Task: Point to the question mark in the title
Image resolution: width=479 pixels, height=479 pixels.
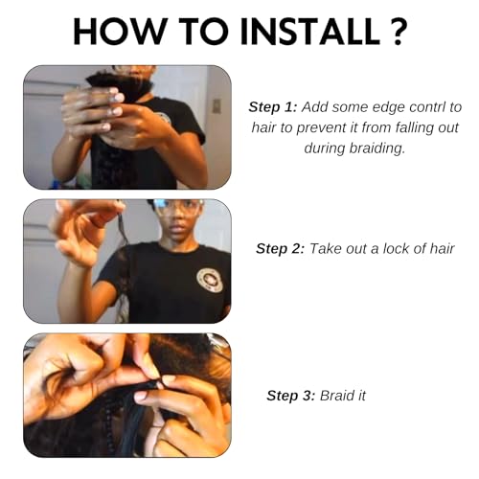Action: tap(398, 31)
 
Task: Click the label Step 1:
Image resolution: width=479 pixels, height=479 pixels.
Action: tap(273, 107)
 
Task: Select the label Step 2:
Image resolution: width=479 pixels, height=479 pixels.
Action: tap(281, 248)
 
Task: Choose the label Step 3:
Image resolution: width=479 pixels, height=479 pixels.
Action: tap(291, 396)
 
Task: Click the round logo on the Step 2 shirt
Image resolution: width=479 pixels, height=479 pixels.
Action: tap(210, 280)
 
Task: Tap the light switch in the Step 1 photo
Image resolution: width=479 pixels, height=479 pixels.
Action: tap(217, 106)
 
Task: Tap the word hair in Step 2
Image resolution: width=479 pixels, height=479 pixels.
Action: tap(443, 248)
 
